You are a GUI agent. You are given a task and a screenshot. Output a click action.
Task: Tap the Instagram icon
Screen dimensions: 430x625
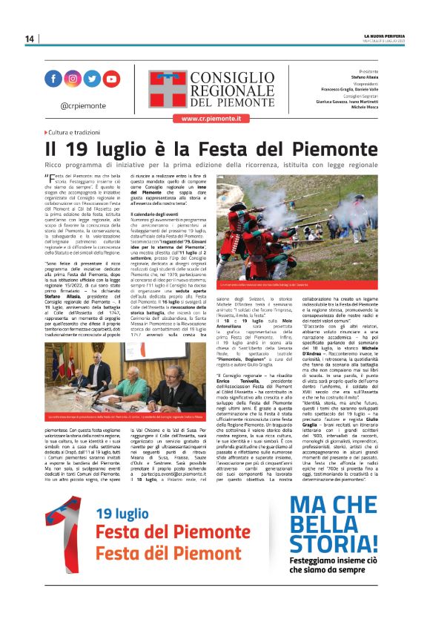[73, 78]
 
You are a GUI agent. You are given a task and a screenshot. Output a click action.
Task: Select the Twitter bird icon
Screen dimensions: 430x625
[92, 78]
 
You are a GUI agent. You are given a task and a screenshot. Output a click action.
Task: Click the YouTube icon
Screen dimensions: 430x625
[111, 78]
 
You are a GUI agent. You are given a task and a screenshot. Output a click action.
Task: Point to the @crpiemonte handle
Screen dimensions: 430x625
[82, 105]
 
